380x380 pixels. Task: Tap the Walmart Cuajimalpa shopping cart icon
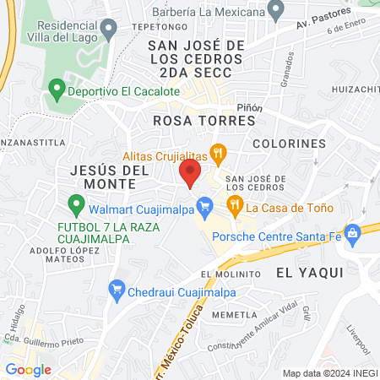[204, 205]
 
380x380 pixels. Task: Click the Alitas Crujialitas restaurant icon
[219, 155]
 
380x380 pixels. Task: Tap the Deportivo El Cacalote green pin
[57, 88]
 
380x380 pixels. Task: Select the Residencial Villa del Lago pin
[108, 32]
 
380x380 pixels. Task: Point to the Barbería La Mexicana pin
[274, 11]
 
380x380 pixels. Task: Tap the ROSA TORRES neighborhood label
[204, 121]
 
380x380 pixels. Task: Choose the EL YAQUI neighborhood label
[309, 272]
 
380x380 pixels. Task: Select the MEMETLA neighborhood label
[235, 315]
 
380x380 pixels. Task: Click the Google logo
[28, 369]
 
